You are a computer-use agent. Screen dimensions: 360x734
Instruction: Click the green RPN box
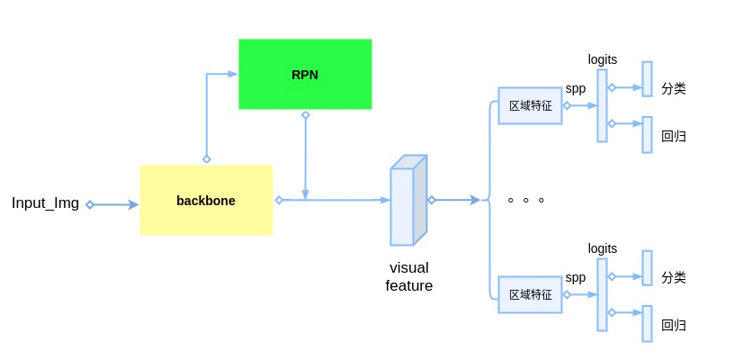(x=305, y=74)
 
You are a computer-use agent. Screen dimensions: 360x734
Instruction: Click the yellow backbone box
(x=206, y=200)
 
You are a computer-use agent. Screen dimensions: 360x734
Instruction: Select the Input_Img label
(x=45, y=203)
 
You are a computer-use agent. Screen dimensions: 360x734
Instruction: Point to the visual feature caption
(x=409, y=277)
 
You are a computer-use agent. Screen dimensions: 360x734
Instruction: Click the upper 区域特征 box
(x=530, y=105)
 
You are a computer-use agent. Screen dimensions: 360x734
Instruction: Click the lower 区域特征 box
(x=530, y=294)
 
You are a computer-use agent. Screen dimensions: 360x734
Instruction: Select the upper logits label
(x=603, y=59)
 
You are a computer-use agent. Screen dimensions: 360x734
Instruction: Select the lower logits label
(x=603, y=248)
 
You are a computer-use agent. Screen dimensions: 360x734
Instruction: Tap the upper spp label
(x=576, y=89)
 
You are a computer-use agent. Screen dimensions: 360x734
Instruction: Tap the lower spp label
(x=576, y=278)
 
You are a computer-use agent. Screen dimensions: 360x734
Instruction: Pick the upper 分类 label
(x=674, y=88)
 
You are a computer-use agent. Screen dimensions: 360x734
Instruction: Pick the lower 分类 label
(x=674, y=277)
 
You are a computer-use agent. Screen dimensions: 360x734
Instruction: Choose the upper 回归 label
(x=674, y=136)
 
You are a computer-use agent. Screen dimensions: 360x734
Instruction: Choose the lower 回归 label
(x=674, y=325)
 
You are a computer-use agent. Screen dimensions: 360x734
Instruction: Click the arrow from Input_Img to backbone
(x=113, y=205)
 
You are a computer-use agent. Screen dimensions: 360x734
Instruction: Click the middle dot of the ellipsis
(x=526, y=200)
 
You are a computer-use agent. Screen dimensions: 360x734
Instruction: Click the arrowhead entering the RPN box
(x=232, y=74)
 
